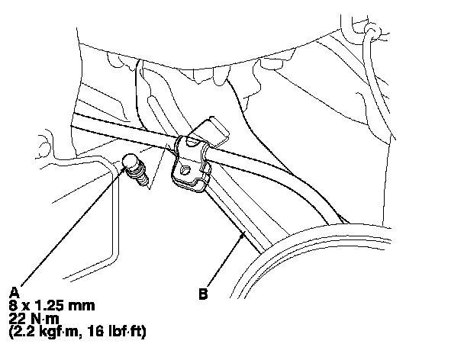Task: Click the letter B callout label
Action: pos(203,292)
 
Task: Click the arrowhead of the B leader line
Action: pos(243,236)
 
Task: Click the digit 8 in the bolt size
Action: pos(13,305)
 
